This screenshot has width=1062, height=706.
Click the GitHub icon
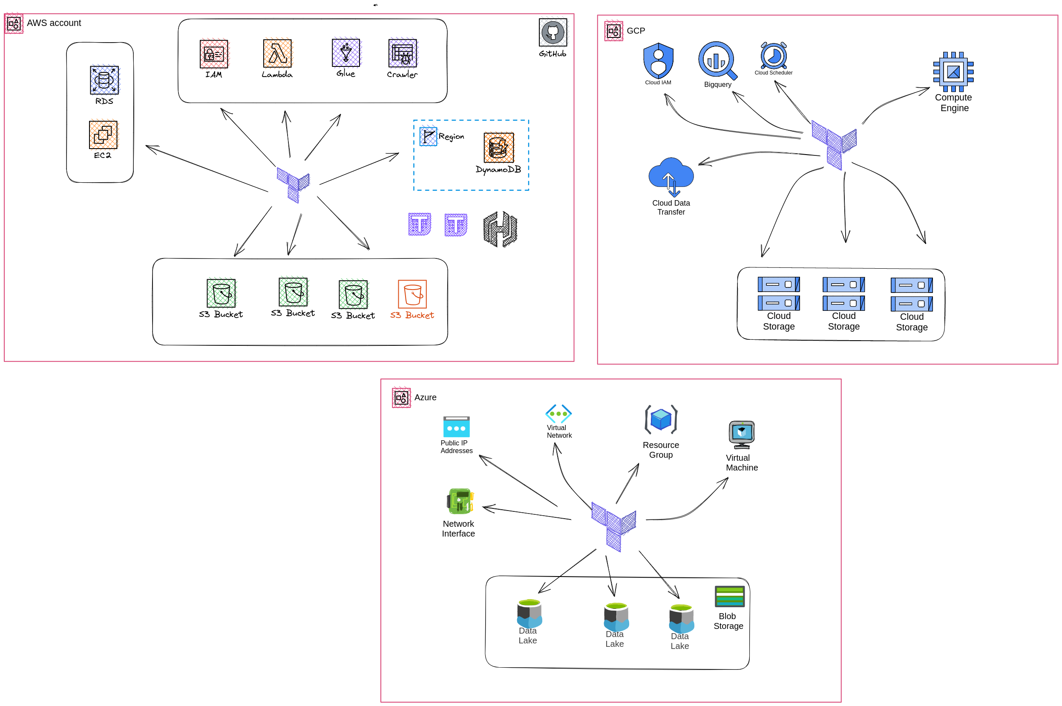click(x=553, y=32)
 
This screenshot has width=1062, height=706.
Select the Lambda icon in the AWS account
click(x=277, y=53)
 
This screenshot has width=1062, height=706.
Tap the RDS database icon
click(x=104, y=80)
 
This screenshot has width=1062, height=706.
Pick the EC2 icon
click(x=103, y=134)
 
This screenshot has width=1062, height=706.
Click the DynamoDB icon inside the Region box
click(x=498, y=147)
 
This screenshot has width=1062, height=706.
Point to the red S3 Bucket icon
click(x=412, y=294)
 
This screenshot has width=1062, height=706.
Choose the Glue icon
click(x=346, y=53)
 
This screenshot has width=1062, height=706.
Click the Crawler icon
click(x=403, y=53)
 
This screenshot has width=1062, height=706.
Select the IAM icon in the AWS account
click(x=214, y=54)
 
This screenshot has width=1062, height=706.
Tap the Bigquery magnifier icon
click(x=718, y=60)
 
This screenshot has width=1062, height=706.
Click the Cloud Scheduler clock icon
click(x=774, y=55)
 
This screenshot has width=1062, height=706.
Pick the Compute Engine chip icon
click(x=953, y=72)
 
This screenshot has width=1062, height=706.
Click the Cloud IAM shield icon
click(x=659, y=61)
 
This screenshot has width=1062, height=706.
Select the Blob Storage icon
click(x=730, y=596)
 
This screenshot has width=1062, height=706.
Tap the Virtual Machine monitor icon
click(x=742, y=434)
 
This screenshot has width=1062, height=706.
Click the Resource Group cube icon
click(x=661, y=419)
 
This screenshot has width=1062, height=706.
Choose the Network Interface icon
click(x=460, y=501)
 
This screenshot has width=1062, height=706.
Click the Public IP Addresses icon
click(x=456, y=426)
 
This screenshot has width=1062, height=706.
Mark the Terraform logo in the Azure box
click(x=613, y=526)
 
